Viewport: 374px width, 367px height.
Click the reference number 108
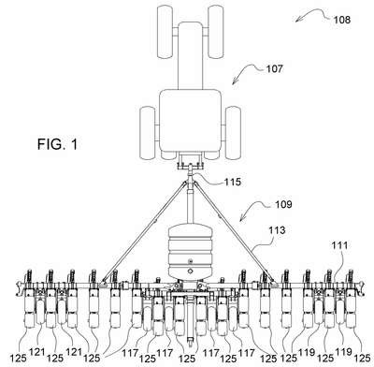(x=342, y=20)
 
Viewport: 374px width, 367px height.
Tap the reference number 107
(x=274, y=68)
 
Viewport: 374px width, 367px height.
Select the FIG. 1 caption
(x=57, y=144)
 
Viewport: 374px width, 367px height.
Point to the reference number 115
(x=233, y=182)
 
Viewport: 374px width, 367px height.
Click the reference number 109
(x=283, y=204)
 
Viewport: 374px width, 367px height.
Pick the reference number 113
(x=277, y=230)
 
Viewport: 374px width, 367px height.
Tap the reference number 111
(x=339, y=245)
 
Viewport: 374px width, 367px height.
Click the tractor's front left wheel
(x=165, y=32)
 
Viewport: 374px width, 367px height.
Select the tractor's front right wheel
(x=216, y=32)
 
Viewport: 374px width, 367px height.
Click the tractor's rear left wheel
(x=147, y=133)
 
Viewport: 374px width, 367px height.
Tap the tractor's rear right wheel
(x=233, y=133)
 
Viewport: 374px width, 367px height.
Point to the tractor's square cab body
(x=190, y=121)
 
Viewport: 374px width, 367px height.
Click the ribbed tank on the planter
(x=190, y=251)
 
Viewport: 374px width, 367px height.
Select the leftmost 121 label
(x=37, y=353)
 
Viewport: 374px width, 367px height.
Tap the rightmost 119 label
(x=344, y=353)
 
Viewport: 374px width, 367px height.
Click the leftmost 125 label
(x=18, y=359)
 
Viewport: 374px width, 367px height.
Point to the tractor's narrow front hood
(x=190, y=55)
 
